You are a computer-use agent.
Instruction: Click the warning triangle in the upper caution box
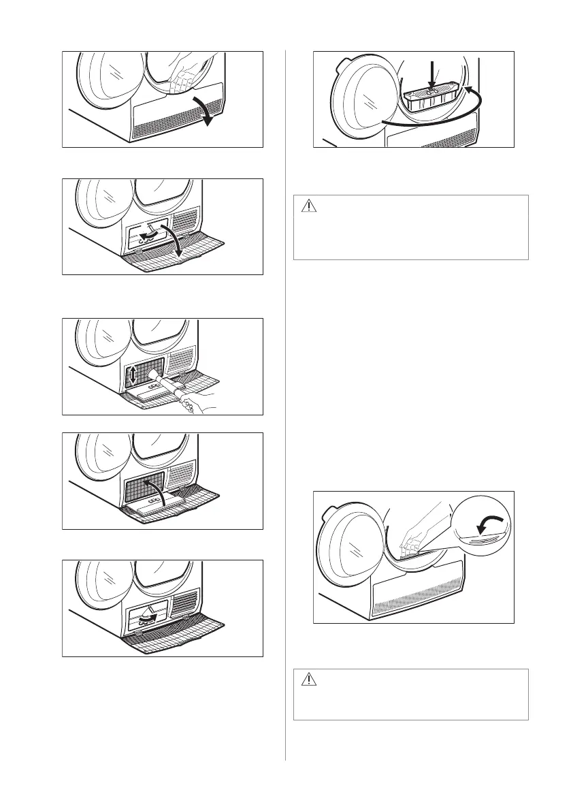point(309,206)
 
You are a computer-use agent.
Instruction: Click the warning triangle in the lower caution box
point(309,679)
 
